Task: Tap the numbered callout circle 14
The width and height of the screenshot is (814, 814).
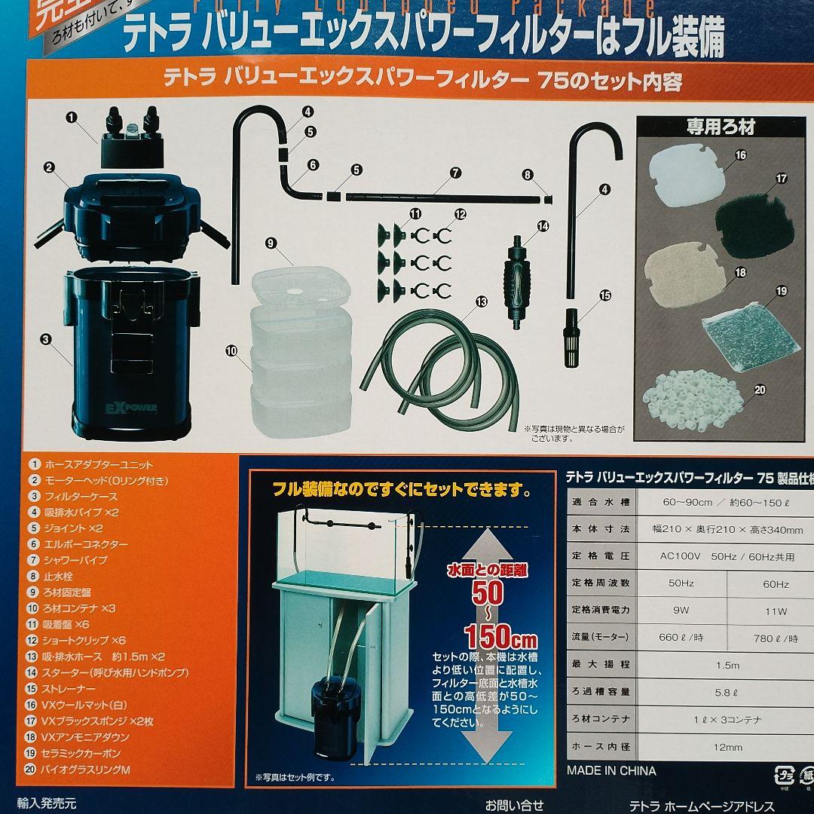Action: tap(543, 226)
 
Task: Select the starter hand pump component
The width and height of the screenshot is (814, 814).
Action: tap(519, 283)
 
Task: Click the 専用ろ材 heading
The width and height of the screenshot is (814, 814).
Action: tap(720, 127)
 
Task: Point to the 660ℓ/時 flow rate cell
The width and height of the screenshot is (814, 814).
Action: tap(681, 638)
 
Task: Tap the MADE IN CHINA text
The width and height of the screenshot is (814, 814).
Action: tap(611, 771)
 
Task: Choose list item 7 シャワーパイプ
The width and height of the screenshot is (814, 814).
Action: tap(75, 560)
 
